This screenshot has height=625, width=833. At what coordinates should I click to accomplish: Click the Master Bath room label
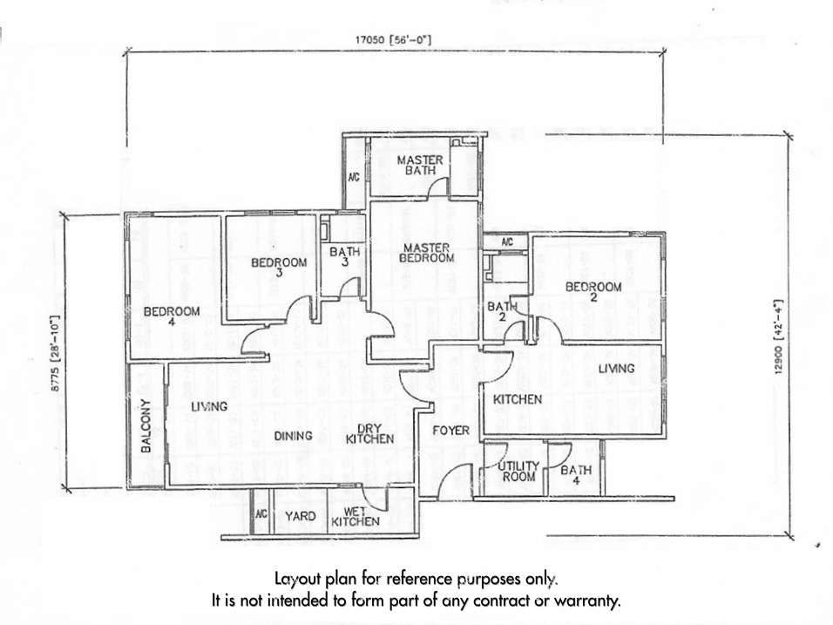(421, 165)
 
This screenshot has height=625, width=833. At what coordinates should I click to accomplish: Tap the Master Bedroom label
(427, 253)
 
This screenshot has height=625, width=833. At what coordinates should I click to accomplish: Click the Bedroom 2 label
(593, 292)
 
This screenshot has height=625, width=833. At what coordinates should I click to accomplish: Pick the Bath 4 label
(575, 476)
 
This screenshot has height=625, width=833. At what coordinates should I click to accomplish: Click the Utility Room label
(518, 472)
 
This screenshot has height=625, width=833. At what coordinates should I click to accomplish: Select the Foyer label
(451, 431)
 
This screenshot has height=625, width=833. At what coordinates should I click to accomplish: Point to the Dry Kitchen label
(370, 433)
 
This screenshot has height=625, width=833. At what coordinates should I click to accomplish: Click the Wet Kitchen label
(356, 516)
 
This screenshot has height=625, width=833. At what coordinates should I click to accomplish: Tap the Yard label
(301, 516)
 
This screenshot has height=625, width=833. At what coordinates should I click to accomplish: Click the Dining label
(293, 435)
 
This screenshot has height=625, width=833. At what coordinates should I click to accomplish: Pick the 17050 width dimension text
(393, 39)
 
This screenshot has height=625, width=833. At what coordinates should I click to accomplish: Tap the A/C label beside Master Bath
(354, 177)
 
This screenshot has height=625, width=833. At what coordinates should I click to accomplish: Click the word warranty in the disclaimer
(591, 601)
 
